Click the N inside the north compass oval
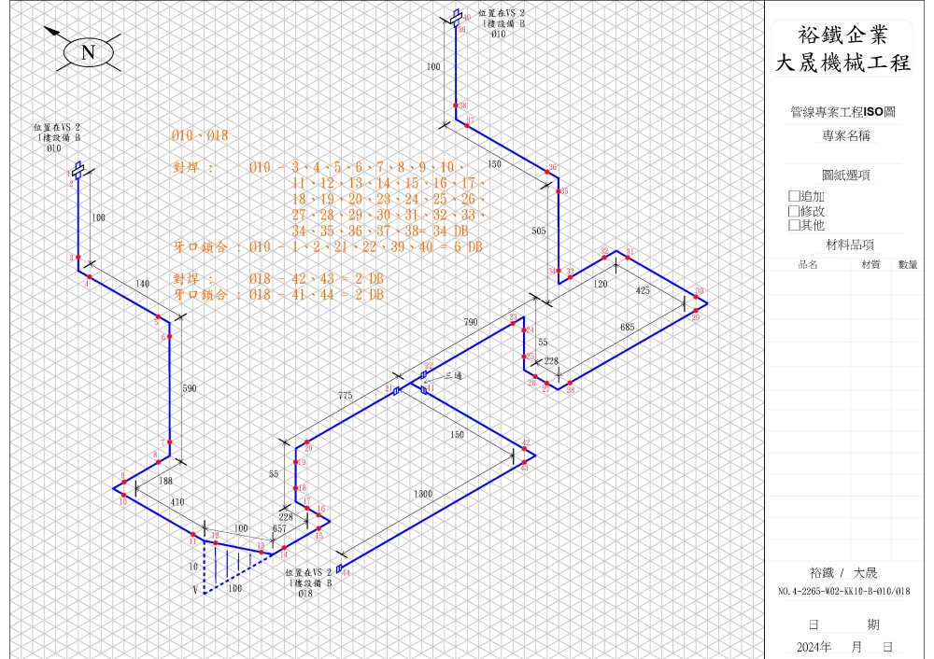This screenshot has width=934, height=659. pos(89,52)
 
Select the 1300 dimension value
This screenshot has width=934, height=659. pos(423,493)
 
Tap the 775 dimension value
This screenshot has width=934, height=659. pos(345,397)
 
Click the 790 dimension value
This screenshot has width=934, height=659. pos(472,322)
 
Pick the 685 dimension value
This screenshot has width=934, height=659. pos(627,327)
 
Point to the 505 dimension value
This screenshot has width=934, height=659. pos(539,229)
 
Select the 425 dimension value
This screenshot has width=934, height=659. pos(643,290)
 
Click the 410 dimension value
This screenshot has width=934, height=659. pos(177,502)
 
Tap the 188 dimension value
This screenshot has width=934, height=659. pos(165,481)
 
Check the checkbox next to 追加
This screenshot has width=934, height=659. pos(794,196)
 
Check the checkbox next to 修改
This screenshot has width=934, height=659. pos(794,211)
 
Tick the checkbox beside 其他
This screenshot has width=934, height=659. pos(794,225)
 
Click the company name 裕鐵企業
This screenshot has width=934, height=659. pos(842,35)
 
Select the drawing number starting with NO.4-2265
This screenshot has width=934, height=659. pos(843,591)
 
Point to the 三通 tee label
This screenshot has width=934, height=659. pos(453,375)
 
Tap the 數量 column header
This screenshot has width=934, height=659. pos(907,264)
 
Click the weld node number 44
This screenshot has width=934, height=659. pos(347,574)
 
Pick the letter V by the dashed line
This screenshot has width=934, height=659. pos(195,590)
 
